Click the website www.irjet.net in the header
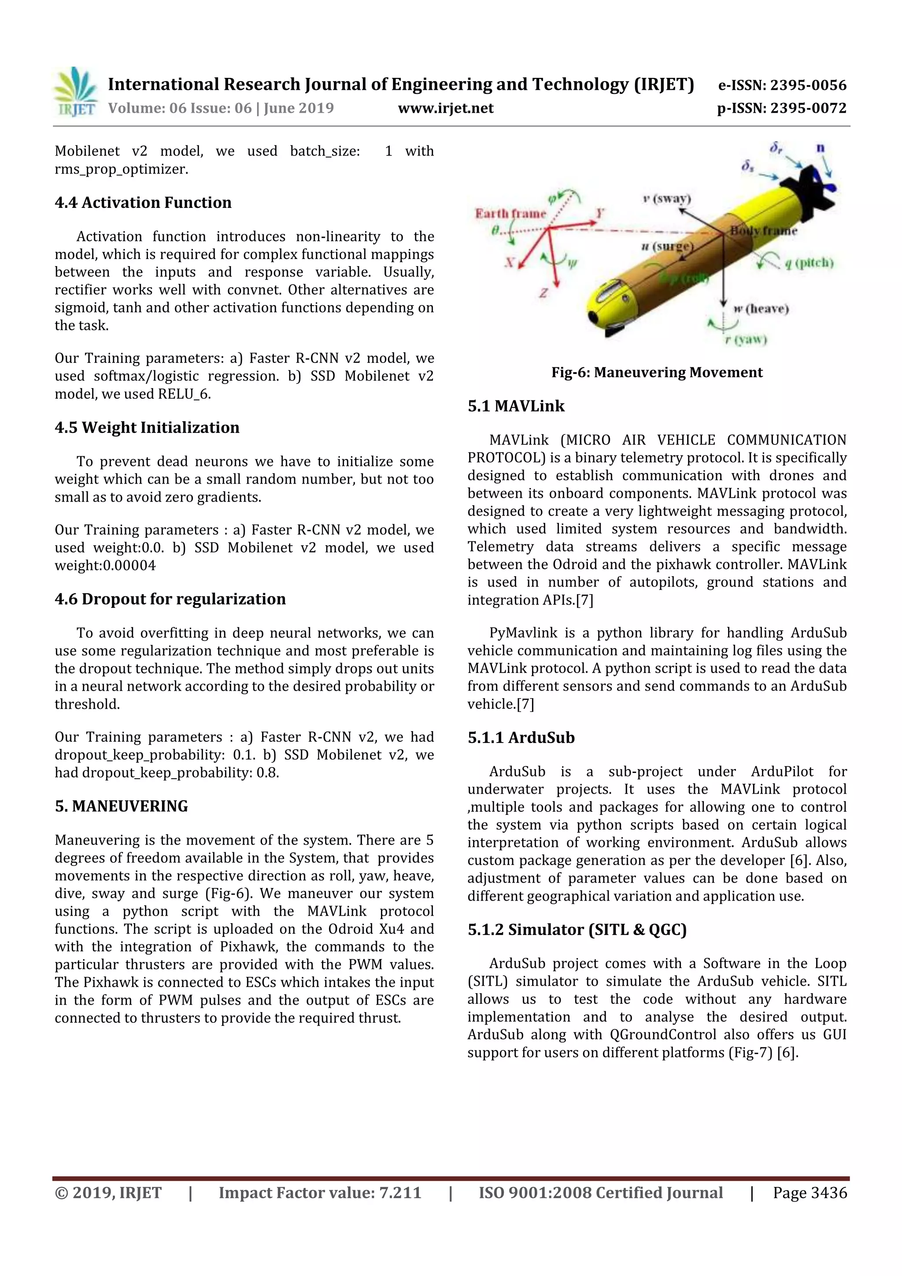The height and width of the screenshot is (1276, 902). pos(445,108)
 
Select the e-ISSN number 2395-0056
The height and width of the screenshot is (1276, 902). pos(782,85)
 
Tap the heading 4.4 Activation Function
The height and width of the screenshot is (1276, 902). pos(143,202)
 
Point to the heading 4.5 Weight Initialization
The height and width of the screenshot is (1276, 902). pos(147,427)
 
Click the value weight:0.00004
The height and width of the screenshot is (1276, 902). pos(105,565)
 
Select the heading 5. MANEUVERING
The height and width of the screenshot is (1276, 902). pos(121,806)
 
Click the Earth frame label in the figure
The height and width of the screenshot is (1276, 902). pos(510,214)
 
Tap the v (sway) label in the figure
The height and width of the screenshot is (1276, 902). pos(666,198)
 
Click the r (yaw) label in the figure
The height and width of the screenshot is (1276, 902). pos(745,339)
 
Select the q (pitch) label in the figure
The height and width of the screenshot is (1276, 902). pos(809,263)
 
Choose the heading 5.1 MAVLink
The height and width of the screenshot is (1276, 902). pos(515,406)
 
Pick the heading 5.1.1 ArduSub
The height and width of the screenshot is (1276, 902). pos(521,737)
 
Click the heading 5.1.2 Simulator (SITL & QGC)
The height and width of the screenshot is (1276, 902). pos(577,929)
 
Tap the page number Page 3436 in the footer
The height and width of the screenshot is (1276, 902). pos(809,1193)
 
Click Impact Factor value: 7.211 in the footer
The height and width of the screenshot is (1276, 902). pos(320,1193)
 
